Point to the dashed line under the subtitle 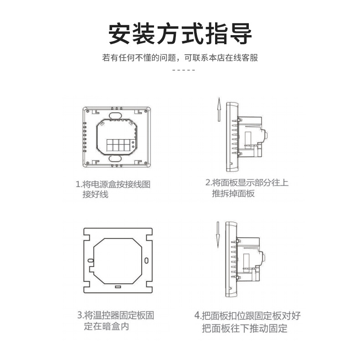tap(184, 70)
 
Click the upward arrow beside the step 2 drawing tap(218, 109)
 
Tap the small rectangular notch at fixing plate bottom tap(118, 287)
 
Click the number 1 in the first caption tap(77, 185)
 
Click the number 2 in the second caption tap(207, 183)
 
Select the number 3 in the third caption tap(79, 316)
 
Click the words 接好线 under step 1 tap(95, 195)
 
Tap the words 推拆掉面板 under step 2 tap(233, 194)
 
